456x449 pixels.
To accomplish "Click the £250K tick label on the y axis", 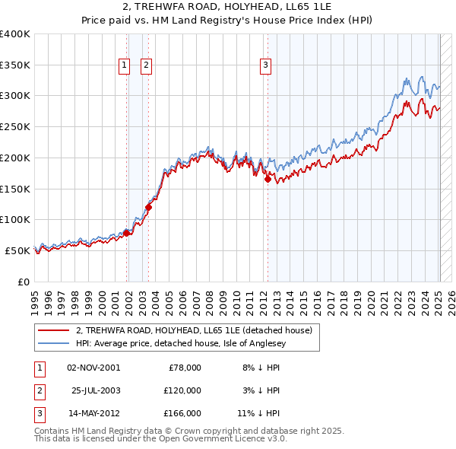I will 14,126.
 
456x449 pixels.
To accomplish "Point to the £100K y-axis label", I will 14,219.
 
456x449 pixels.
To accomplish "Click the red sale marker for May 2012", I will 268,180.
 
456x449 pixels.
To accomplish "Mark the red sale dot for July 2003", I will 148,207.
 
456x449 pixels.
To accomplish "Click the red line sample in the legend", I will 52,330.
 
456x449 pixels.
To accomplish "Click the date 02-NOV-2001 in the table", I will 93,367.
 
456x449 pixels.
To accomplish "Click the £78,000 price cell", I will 182,367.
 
